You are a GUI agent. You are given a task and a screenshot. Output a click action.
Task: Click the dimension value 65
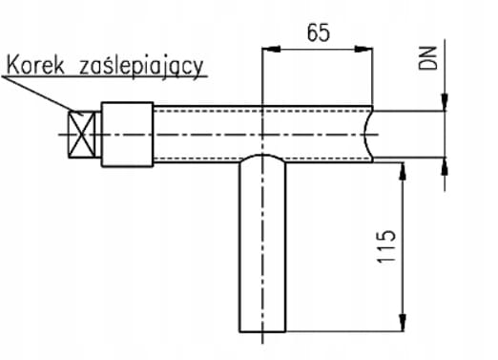click(x=319, y=32)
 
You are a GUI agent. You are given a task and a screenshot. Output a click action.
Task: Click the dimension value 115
click(x=386, y=246)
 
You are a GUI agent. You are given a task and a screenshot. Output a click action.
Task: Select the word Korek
click(x=35, y=66)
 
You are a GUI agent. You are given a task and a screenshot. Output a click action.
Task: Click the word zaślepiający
click(x=141, y=68)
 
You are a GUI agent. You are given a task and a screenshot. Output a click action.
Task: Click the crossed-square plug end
click(x=82, y=135)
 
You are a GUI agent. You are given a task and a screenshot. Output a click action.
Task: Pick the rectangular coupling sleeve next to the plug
click(x=127, y=135)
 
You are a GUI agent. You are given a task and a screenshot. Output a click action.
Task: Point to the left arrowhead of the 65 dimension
click(x=271, y=49)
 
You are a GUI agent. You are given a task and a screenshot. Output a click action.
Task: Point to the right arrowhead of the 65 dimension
click(x=363, y=49)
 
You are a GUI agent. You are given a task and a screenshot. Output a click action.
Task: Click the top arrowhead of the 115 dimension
click(x=403, y=172)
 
